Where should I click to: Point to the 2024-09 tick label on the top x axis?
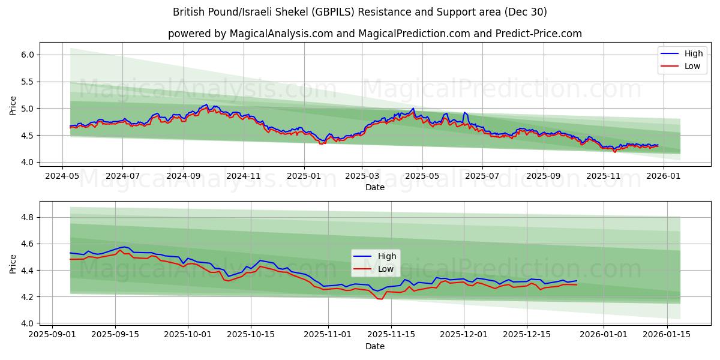[183, 177]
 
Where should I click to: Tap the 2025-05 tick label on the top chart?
[422, 177]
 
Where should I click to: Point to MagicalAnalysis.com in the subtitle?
[281, 34]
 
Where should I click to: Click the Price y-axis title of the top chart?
[13, 105]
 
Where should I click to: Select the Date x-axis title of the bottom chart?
[375, 347]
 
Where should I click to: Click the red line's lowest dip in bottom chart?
[380, 299]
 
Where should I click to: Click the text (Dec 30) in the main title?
[526, 12]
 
